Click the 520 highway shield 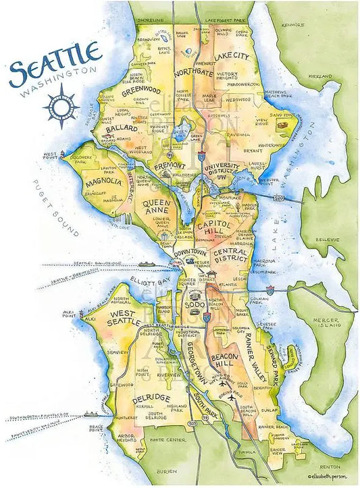(x=278, y=199)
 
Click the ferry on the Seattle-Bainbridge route (x=147, y=264)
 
